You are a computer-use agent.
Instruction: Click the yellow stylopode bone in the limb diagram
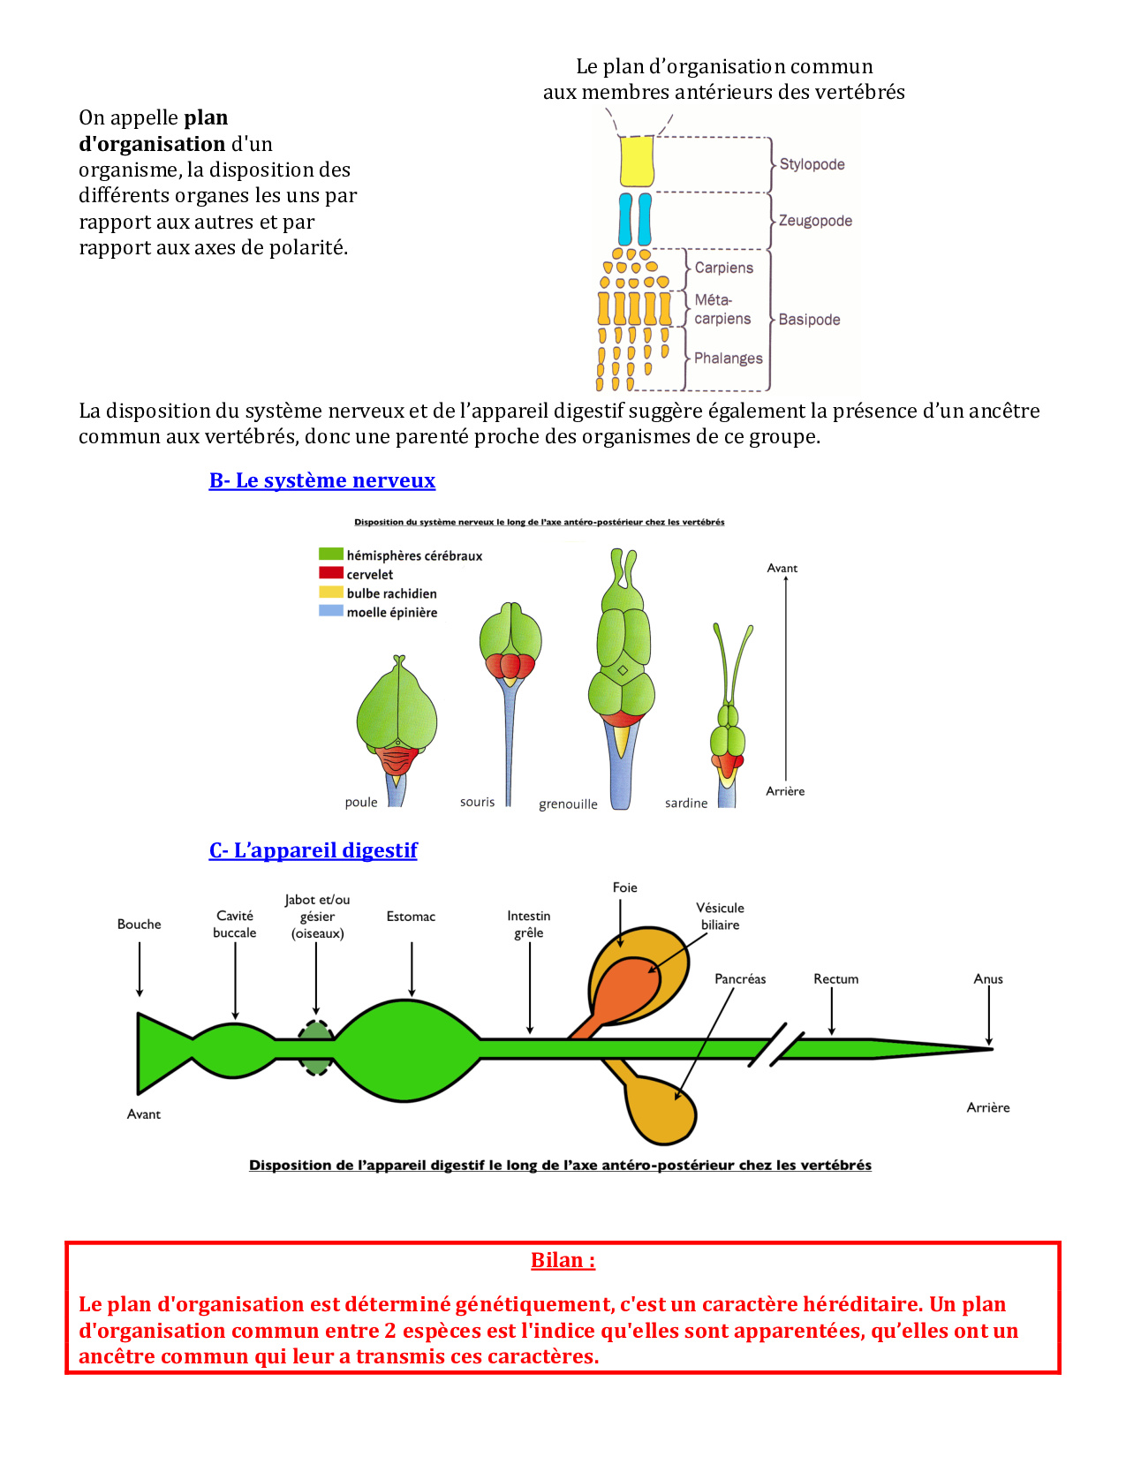click(x=637, y=160)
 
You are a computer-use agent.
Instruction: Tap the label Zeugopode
click(x=815, y=221)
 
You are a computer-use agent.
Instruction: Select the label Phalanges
click(x=728, y=358)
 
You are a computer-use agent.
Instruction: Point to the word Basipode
click(x=809, y=320)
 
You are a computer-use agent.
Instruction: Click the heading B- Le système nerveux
click(x=322, y=480)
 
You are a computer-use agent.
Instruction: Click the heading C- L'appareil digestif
click(x=314, y=850)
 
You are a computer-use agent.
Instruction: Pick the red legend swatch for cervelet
click(x=331, y=573)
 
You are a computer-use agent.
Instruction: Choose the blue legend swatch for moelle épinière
click(x=331, y=611)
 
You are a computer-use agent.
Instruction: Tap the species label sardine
click(x=686, y=803)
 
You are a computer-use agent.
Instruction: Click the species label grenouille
click(x=568, y=804)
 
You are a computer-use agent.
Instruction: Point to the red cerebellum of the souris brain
click(x=510, y=665)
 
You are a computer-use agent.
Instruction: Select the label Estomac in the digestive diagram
click(x=411, y=917)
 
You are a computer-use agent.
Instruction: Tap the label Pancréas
click(x=740, y=978)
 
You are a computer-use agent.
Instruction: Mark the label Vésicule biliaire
click(x=720, y=917)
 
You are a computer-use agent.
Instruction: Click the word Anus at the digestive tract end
click(x=988, y=978)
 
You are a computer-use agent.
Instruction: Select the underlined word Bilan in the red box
click(x=563, y=1260)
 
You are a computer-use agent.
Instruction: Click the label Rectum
click(x=835, y=978)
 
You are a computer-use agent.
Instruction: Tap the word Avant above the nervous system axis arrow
click(x=782, y=568)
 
